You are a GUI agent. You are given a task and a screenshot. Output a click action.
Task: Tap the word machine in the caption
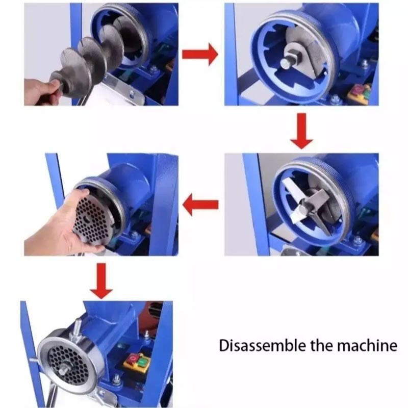click(367, 346)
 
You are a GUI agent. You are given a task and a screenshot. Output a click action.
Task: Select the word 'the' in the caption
click(322, 345)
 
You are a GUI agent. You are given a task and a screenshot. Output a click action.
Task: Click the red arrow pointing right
click(200, 55)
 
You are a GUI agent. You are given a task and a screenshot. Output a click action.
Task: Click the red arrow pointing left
click(200, 205)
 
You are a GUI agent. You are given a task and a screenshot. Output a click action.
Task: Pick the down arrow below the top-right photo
click(301, 131)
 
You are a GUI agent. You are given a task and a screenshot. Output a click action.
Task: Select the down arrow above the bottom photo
click(101, 281)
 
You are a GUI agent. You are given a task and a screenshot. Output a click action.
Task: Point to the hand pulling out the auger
click(42, 92)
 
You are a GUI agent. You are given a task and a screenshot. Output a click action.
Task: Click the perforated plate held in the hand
click(93, 220)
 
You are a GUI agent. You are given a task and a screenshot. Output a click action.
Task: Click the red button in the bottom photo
click(132, 359)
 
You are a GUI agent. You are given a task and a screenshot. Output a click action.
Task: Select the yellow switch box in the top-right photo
click(361, 94)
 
